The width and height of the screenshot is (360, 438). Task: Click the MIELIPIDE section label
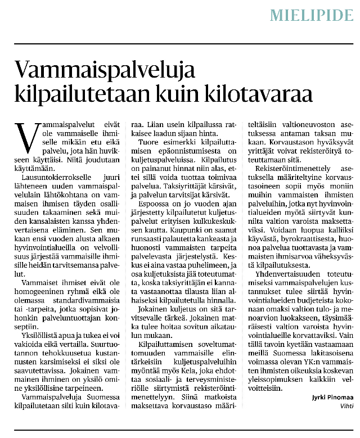[311, 15]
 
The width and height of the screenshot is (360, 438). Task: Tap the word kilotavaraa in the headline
[258, 93]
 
